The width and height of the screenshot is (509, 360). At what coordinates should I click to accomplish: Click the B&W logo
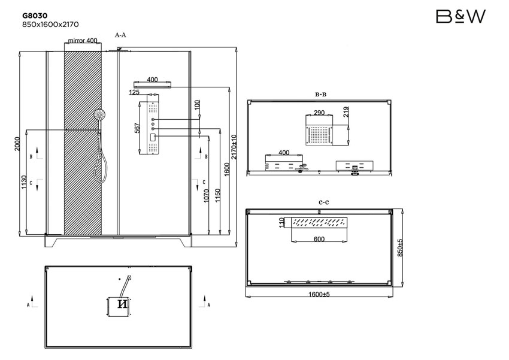pyautogui.click(x=460, y=16)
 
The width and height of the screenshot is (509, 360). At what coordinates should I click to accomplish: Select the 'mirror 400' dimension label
pyautogui.click(x=83, y=41)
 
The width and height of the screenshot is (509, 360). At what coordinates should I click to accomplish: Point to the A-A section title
pyautogui.click(x=120, y=35)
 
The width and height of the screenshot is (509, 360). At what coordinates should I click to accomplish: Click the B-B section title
pyautogui.click(x=321, y=94)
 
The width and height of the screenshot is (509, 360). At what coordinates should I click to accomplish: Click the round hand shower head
pyautogui.click(x=99, y=113)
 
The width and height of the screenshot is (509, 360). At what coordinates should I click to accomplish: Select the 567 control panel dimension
pyautogui.click(x=137, y=128)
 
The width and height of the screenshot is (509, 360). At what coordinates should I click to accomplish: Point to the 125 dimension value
pyautogui.click(x=134, y=92)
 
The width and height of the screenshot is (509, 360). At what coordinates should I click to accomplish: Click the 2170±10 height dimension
pyautogui.click(x=234, y=146)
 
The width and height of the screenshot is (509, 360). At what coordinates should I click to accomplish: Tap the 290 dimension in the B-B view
pyautogui.click(x=319, y=113)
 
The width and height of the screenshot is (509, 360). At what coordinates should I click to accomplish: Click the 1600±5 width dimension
pyautogui.click(x=320, y=294)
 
